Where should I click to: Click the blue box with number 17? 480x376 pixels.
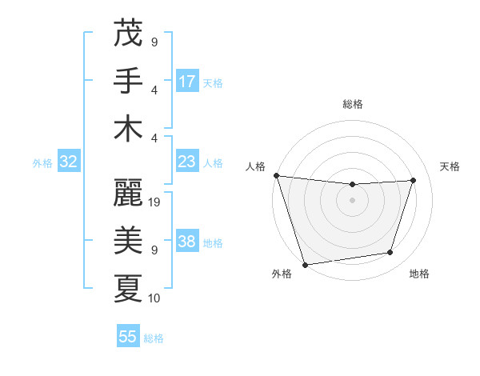click(187, 81)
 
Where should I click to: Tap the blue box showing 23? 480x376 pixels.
click(187, 162)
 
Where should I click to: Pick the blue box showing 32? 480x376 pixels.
click(68, 162)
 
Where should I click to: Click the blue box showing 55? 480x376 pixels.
click(128, 337)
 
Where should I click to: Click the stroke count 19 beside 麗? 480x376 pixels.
click(155, 202)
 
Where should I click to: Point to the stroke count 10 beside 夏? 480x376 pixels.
click(155, 298)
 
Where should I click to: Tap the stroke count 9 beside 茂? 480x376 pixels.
click(154, 42)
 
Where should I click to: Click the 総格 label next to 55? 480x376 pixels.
click(154, 338)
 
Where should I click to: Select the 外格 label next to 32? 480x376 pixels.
click(42, 163)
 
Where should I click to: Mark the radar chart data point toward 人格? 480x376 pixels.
click(276, 175)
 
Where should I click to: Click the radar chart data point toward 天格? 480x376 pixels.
click(414, 180)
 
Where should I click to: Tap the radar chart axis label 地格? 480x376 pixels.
click(419, 274)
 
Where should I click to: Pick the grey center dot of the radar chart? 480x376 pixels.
click(352, 200)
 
